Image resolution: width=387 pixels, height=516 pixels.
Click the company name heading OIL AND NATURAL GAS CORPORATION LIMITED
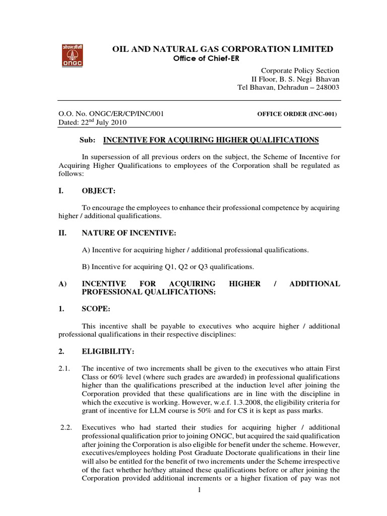pyautogui.click(x=222, y=49)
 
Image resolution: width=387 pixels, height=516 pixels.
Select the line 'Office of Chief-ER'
pyautogui.click(x=207, y=59)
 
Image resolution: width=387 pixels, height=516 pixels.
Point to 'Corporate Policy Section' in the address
pyautogui.click(x=299, y=71)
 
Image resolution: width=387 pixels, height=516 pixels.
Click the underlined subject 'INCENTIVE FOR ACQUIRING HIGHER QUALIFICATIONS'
pyautogui.click(x=211, y=140)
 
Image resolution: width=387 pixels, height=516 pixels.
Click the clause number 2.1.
pyautogui.click(x=66, y=369)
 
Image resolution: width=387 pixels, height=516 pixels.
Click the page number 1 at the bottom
pyautogui.click(x=200, y=505)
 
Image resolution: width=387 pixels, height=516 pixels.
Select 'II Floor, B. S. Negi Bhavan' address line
pyautogui.click(x=295, y=79)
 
